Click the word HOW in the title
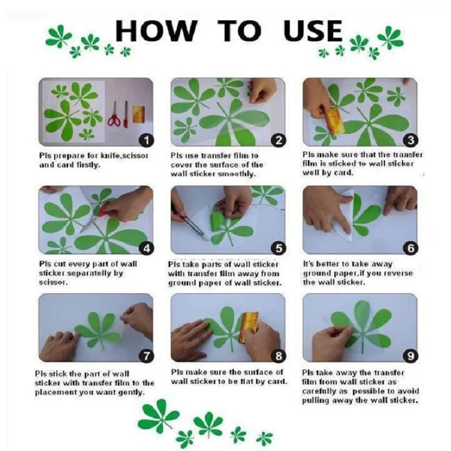coord(156,30)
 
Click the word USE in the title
coord(313,30)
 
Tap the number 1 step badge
coord(147,140)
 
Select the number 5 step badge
coord(278,248)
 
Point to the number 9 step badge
coord(410,356)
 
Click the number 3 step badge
coord(410,140)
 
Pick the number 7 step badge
coord(147,356)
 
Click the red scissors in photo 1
coord(114,114)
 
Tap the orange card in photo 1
coord(139,114)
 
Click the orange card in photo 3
coord(334,121)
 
